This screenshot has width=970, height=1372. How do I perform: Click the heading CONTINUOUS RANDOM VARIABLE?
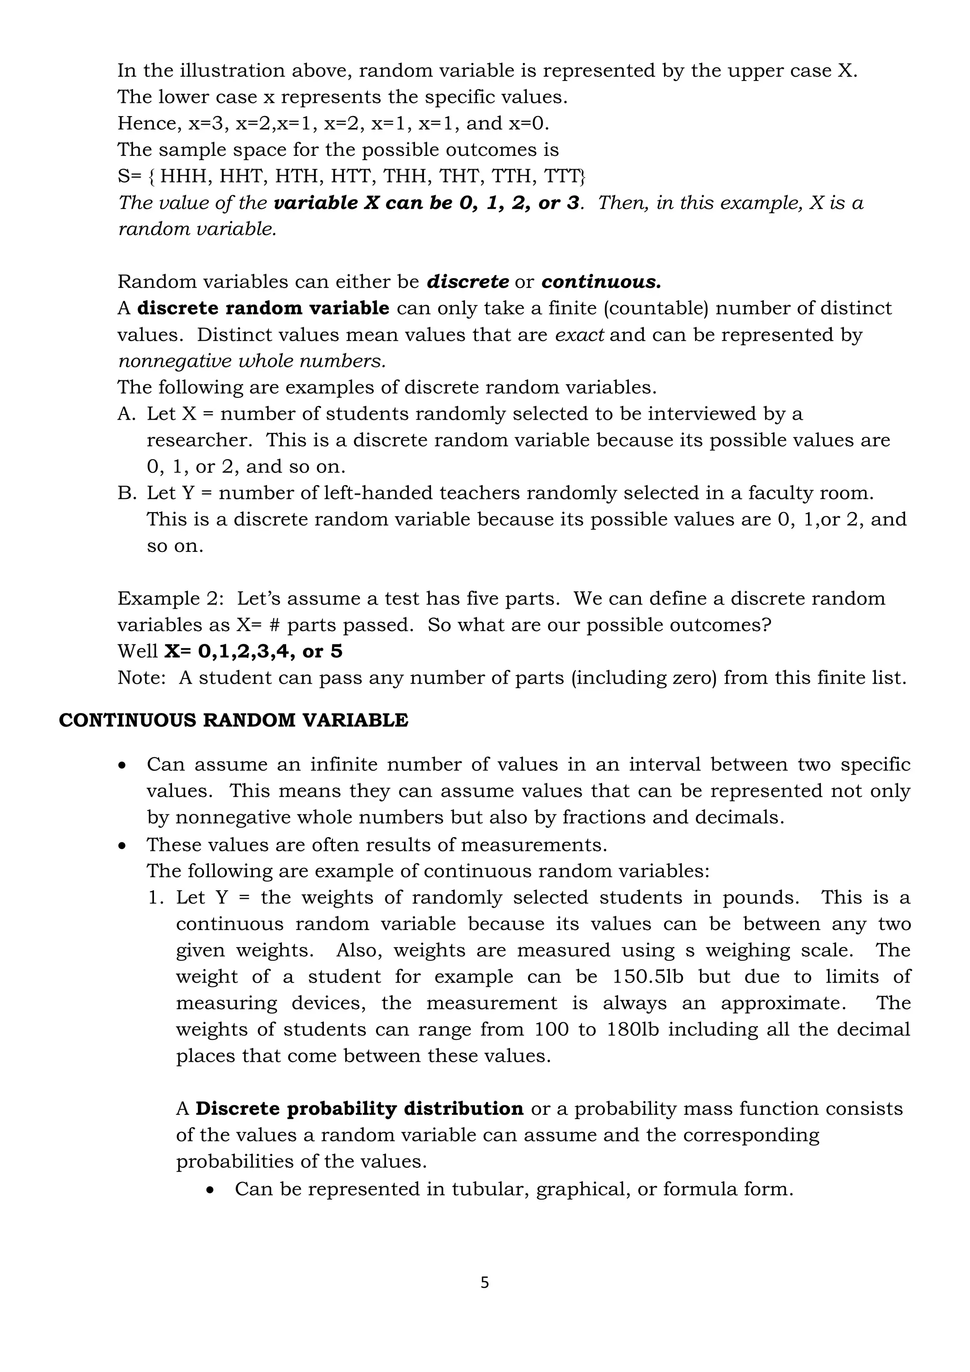coord(234,720)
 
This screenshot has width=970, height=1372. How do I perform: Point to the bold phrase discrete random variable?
coord(263,308)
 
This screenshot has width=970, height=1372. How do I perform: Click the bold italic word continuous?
coord(600,281)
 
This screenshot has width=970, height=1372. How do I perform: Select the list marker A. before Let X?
coord(126,414)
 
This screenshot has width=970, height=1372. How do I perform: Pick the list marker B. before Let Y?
coord(126,493)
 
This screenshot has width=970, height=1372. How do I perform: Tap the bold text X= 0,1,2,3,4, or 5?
coord(253,651)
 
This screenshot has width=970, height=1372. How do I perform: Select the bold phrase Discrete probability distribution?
coord(359,1109)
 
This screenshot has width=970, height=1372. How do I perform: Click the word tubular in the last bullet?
coord(490,1189)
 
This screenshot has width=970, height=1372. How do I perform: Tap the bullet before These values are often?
coord(123,846)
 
